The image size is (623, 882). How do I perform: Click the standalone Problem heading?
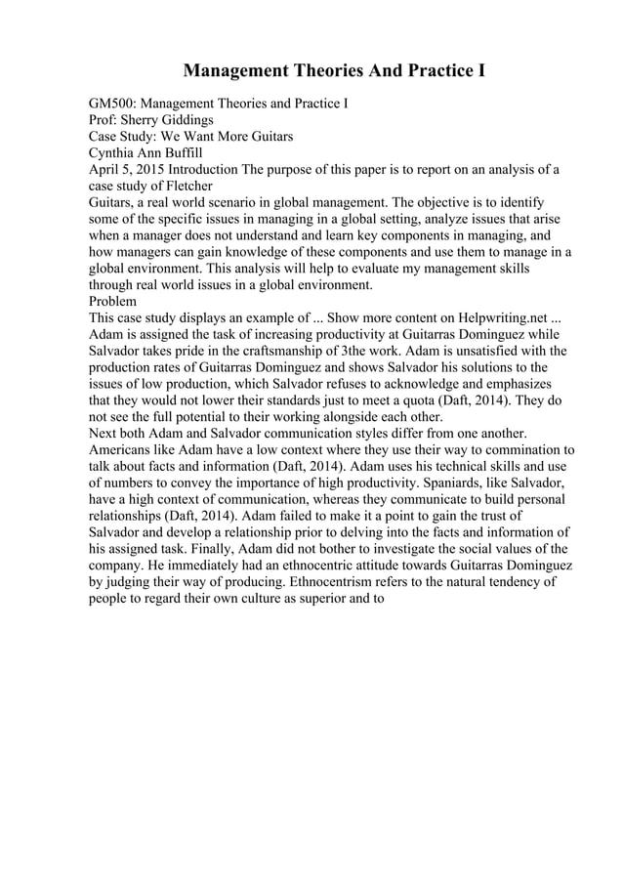pyautogui.click(x=114, y=302)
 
